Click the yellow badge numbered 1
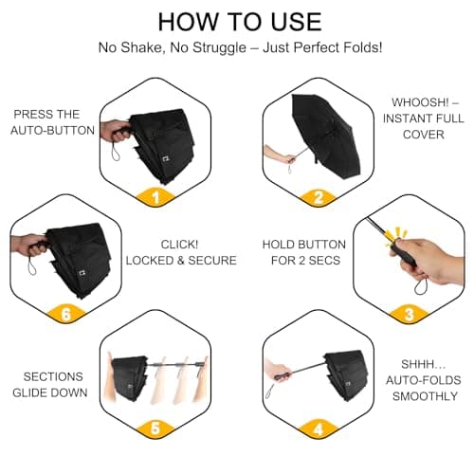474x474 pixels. pyautogui.click(x=155, y=197)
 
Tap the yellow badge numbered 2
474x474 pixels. pyautogui.click(x=319, y=197)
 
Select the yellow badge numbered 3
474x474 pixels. pyautogui.click(x=409, y=314)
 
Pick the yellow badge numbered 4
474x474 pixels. pyautogui.click(x=319, y=429)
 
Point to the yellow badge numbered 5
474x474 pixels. pyautogui.click(x=155, y=429)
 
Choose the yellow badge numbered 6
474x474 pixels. pyautogui.click(x=65, y=314)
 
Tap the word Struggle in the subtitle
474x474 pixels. pyautogui.click(x=219, y=47)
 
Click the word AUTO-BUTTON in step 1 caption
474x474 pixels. pyautogui.click(x=52, y=130)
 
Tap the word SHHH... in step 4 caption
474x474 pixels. pyautogui.click(x=424, y=364)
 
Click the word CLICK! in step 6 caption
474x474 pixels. pyautogui.click(x=179, y=245)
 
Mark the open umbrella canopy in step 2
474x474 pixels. pyautogui.click(x=325, y=136)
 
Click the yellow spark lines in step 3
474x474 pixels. pyautogui.click(x=395, y=236)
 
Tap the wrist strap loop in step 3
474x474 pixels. pyautogui.click(x=421, y=286)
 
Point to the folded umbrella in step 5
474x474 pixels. pyautogui.click(x=130, y=378)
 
